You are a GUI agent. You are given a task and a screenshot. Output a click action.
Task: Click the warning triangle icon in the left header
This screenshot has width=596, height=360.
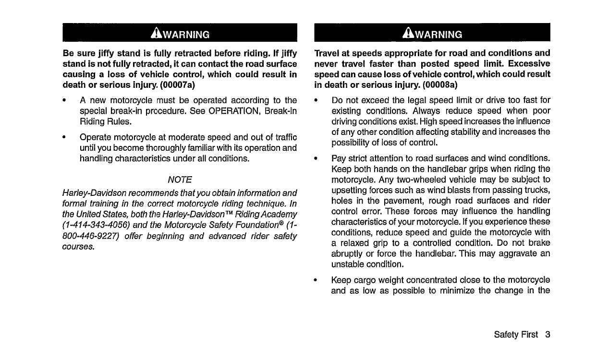[155, 33]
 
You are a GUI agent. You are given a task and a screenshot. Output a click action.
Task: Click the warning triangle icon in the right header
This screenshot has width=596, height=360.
[408, 33]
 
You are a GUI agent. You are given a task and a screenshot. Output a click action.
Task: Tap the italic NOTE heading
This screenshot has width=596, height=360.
[180, 180]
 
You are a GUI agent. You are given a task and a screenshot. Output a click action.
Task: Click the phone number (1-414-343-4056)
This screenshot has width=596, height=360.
[95, 225]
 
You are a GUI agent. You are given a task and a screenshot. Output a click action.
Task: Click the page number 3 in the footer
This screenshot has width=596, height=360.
[547, 335]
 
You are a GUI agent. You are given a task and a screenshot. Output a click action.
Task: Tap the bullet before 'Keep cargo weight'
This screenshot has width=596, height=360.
[316, 279]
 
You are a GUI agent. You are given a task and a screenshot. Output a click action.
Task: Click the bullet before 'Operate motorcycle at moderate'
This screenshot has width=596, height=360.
[64, 137]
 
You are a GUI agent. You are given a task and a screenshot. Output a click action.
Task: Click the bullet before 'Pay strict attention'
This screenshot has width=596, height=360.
[316, 158]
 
